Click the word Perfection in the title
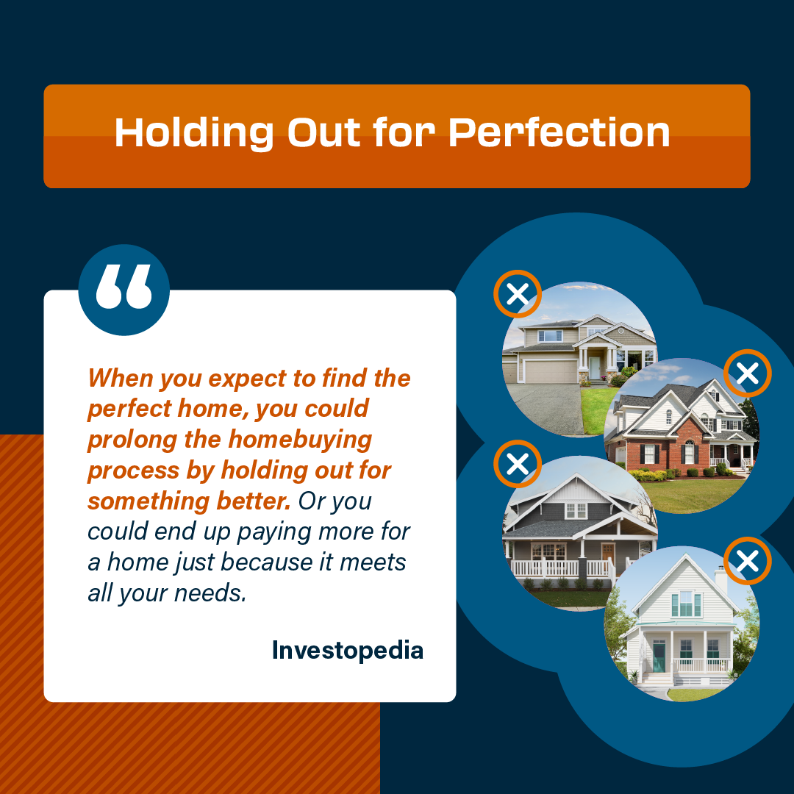tap(559, 132)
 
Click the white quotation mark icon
tap(124, 287)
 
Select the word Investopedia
tap(347, 651)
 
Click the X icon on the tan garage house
tap(518, 294)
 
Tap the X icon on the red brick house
tap(748, 373)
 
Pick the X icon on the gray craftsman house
tap(518, 464)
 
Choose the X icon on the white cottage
tap(748, 560)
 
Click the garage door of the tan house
tap(551, 371)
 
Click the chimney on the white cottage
tap(720, 580)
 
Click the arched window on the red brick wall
tap(689, 451)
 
